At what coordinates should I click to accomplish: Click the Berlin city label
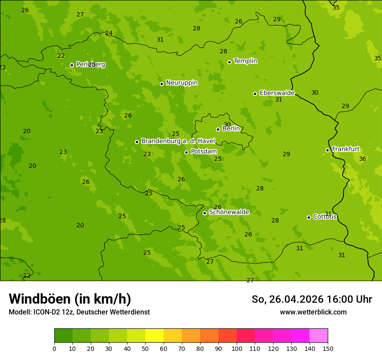coord(231,129)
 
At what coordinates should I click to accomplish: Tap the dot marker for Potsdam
coord(187,152)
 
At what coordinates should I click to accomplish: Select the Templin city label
coord(245,61)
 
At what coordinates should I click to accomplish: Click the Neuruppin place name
coord(181,83)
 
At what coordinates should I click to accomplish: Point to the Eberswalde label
coord(277,93)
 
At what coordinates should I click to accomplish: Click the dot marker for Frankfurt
coord(328,151)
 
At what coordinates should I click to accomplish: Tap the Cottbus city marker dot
coord(309,217)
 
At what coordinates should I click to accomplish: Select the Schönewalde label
coord(229,212)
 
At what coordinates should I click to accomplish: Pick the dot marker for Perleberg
coord(72,65)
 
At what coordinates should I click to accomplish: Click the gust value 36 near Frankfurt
coord(362,159)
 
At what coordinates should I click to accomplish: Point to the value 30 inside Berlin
coord(227,125)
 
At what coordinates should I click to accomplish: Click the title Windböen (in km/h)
coord(70,299)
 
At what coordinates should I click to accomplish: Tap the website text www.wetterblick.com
coord(313,312)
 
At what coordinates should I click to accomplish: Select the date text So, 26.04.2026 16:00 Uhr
coord(312,299)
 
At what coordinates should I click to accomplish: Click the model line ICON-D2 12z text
coord(79,312)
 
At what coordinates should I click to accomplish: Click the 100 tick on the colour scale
coord(237,348)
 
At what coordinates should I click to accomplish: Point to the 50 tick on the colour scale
coord(145,348)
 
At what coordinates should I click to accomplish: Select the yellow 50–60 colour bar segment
coord(155,336)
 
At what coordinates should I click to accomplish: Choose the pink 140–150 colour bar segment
coord(319,336)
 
